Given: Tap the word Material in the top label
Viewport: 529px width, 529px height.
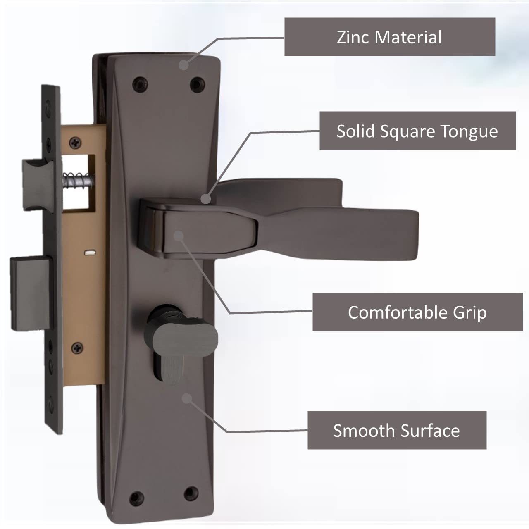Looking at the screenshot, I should pos(409,37).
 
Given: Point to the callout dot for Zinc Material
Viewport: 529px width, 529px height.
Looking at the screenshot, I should pos(183,64).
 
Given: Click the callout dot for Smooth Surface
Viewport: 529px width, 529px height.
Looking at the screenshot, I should pos(187,398).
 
